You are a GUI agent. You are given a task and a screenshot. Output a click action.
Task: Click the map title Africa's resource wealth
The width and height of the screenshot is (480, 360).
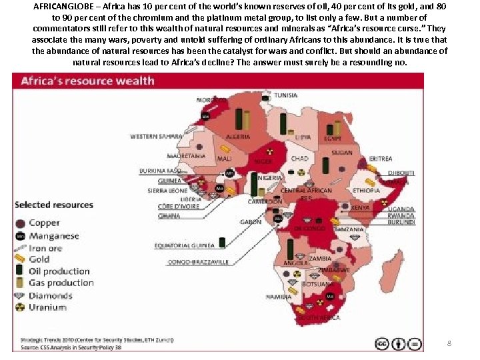tap(87, 81)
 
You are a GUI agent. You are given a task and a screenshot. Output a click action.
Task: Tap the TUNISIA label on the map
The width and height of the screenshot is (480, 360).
tap(286, 95)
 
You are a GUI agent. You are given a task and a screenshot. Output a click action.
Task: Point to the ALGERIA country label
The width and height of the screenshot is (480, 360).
tap(238, 137)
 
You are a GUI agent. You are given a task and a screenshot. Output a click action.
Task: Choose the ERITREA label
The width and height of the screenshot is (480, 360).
tap(380, 159)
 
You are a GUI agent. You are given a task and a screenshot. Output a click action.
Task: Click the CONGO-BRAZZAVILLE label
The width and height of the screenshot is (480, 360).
tap(198, 262)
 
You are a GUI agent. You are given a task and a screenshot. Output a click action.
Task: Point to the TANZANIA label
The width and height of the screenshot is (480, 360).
tap(349, 229)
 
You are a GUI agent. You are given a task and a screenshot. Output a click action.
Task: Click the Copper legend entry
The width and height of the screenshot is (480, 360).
tap(44, 223)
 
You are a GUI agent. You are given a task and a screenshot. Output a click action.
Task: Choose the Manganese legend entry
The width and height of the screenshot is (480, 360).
tap(53, 235)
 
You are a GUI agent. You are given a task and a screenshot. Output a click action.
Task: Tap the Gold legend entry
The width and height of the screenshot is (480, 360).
tap(39, 259)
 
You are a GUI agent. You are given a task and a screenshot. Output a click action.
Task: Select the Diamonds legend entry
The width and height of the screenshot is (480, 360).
tap(50, 295)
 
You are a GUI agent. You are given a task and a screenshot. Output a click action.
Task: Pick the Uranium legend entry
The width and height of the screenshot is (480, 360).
tap(47, 307)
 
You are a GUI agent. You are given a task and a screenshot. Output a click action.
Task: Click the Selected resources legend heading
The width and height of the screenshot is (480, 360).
tap(54, 205)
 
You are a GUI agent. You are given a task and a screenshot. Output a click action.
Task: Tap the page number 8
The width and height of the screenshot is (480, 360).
tap(449, 343)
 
